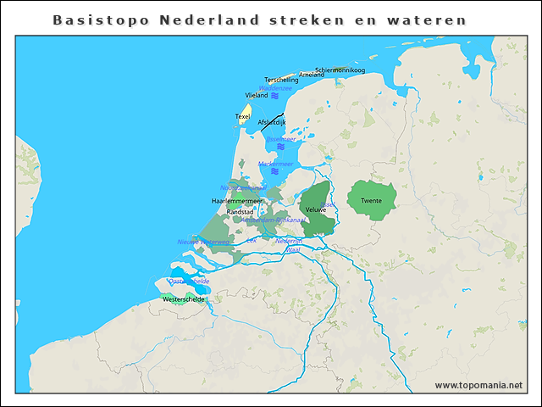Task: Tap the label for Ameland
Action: coord(311,75)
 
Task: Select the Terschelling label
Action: coord(281,80)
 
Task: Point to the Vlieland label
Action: coord(256,95)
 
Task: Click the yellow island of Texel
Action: coord(244,114)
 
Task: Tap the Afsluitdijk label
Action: coord(272,122)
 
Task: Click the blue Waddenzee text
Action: coord(275,87)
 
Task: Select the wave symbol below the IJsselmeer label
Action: coord(280,147)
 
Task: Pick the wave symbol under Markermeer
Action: coord(274,172)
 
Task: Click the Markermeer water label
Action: coord(276,164)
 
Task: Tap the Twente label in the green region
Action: coord(370,200)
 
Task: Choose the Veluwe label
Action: coord(315,209)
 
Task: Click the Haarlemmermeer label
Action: coord(236,200)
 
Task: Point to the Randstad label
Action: coord(240,211)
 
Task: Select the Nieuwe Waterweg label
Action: coord(203,242)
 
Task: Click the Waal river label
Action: coord(294,250)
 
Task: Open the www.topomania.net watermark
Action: coord(478,385)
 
